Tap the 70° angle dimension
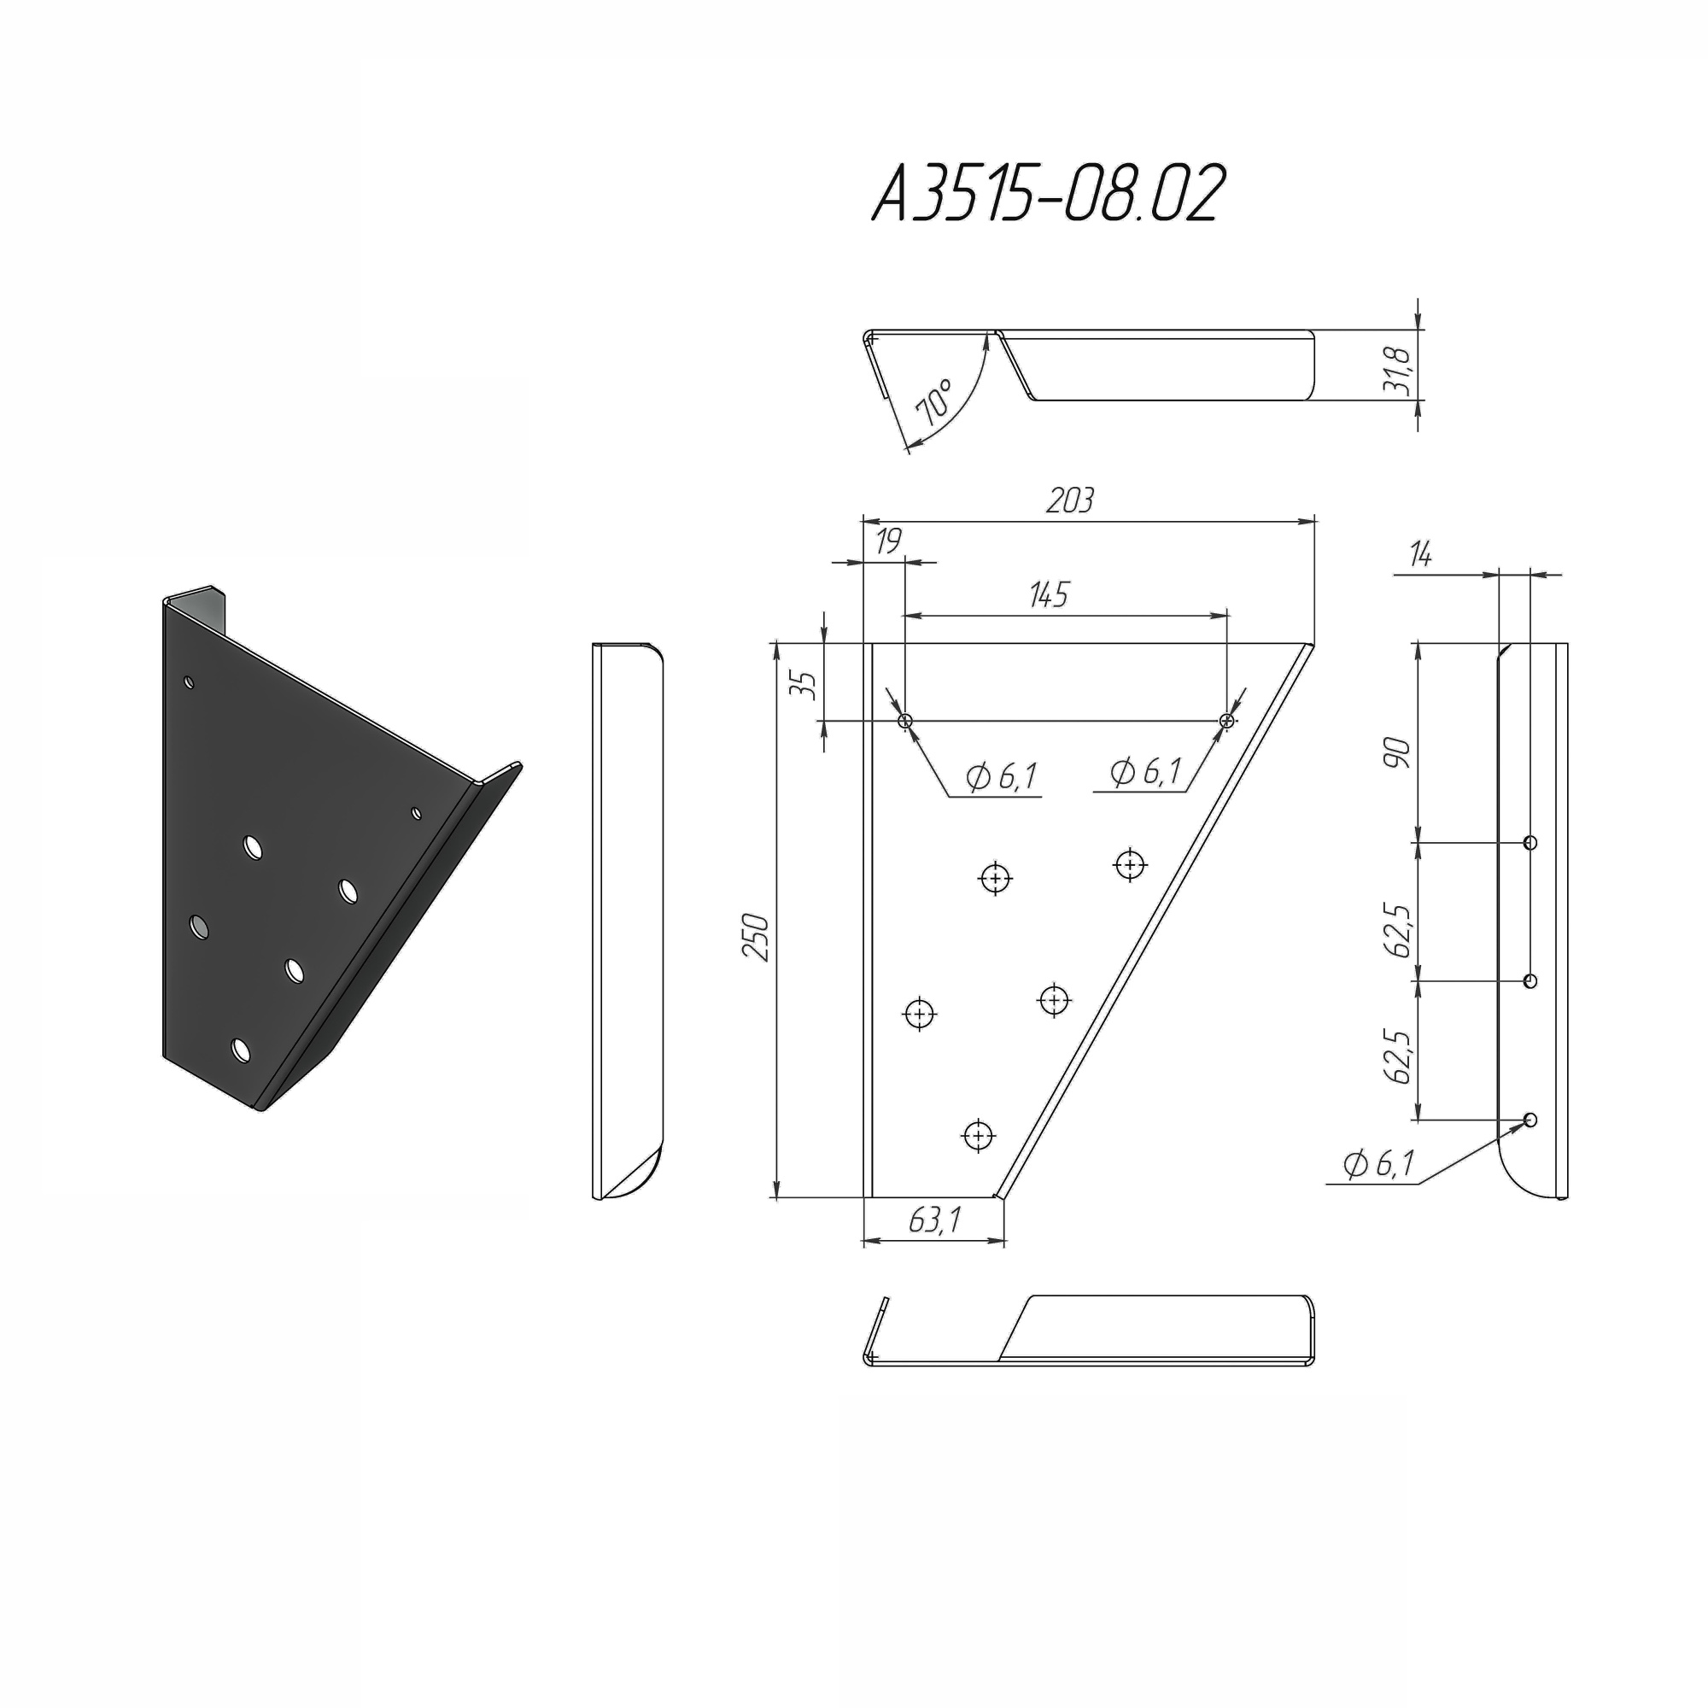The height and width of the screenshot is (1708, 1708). pyautogui.click(x=935, y=403)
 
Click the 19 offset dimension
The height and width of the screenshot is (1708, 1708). pyautogui.click(x=887, y=541)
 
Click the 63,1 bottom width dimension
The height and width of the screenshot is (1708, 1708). pyautogui.click(x=934, y=1220)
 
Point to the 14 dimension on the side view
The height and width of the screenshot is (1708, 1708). pyautogui.click(x=1421, y=555)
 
